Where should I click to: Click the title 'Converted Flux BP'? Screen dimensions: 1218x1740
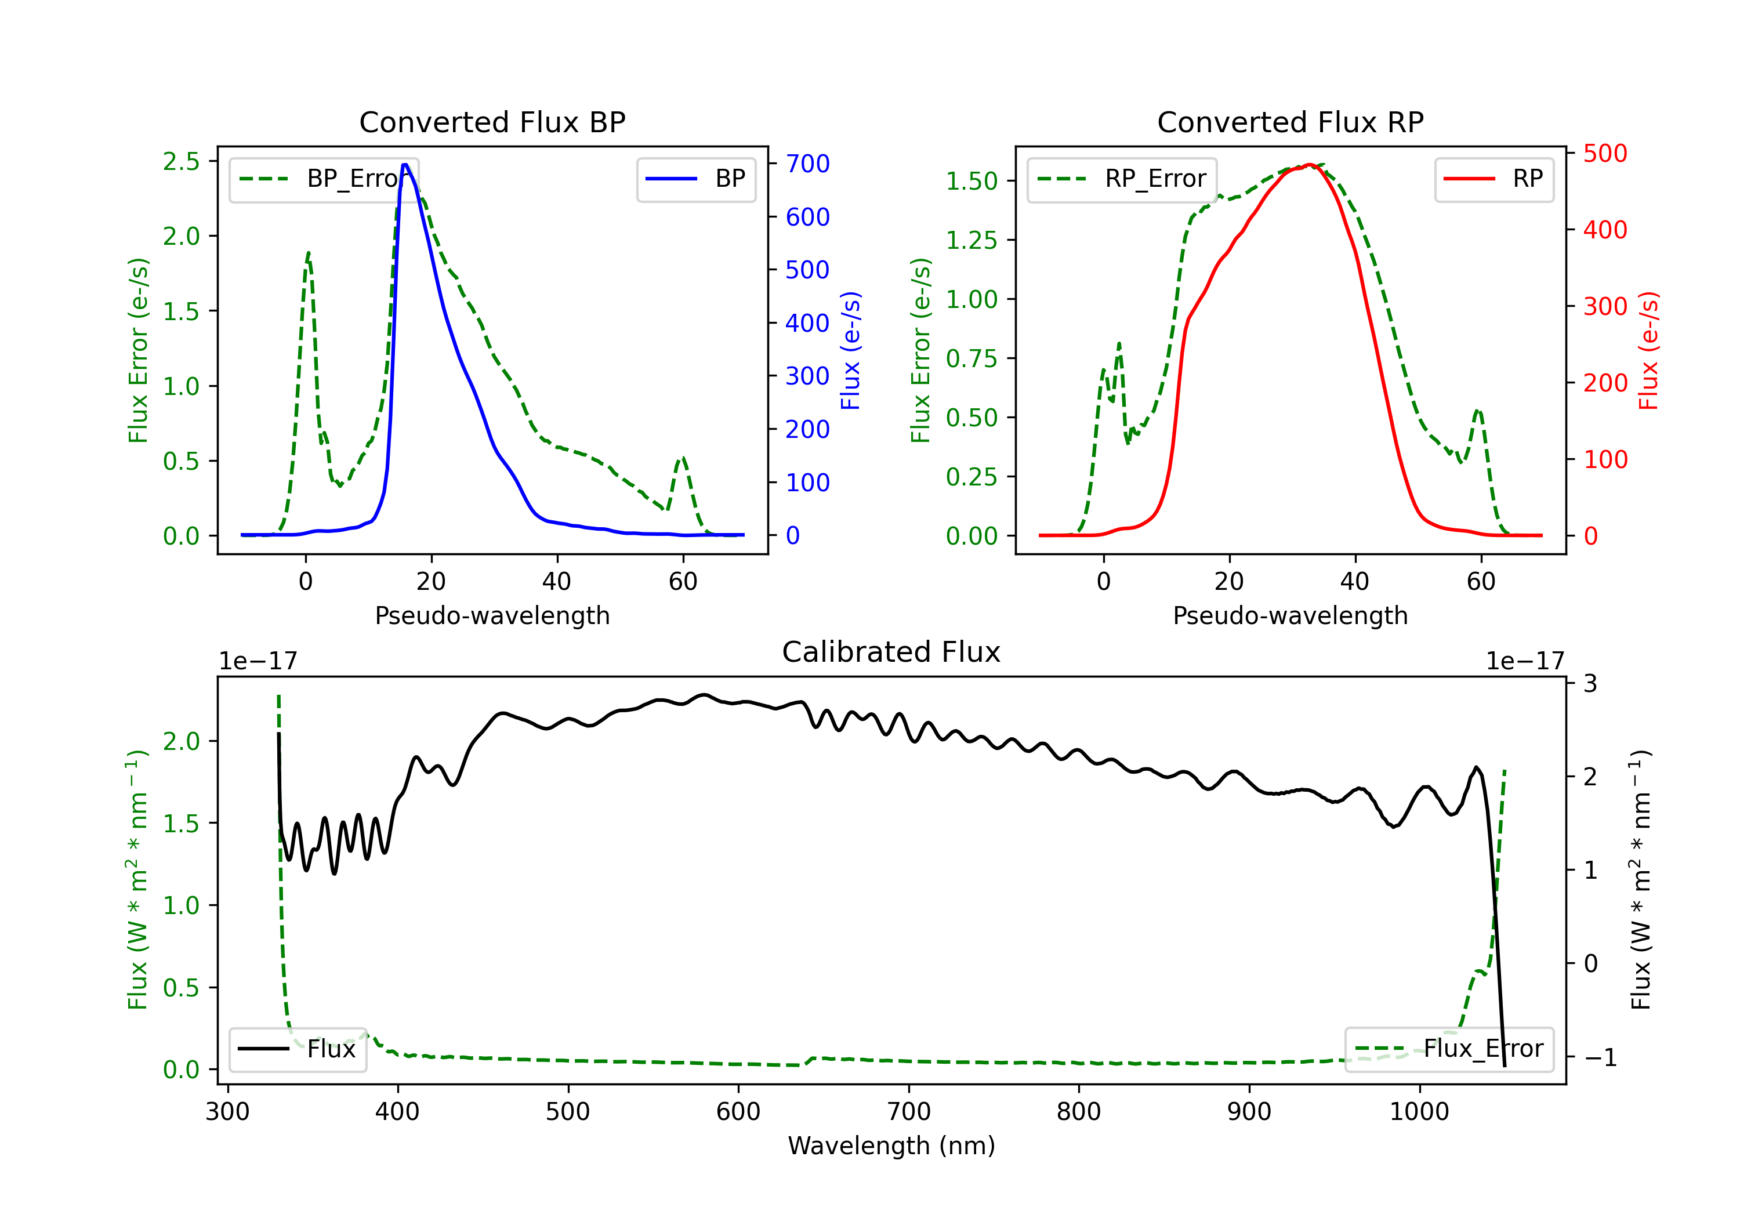492,122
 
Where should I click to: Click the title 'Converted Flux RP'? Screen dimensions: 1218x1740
1290,122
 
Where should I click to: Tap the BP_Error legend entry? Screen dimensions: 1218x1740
324,179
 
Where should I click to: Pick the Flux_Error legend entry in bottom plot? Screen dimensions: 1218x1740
1448,1049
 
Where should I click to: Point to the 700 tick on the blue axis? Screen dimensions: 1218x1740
807,164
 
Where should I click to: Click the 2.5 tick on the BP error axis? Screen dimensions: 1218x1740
181,161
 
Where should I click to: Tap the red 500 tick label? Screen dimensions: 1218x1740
1605,154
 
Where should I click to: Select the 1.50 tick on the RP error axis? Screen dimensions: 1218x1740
971,181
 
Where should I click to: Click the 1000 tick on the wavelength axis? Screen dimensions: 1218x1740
1419,1112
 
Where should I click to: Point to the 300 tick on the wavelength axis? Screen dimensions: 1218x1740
227,1112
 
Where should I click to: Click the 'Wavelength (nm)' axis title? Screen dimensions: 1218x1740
891,1145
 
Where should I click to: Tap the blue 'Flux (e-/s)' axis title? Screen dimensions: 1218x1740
850,350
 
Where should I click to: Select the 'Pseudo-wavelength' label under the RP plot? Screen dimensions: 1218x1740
1290,615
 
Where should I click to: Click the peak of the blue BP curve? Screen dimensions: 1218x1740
405,165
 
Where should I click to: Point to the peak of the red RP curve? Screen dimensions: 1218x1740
1309,165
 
